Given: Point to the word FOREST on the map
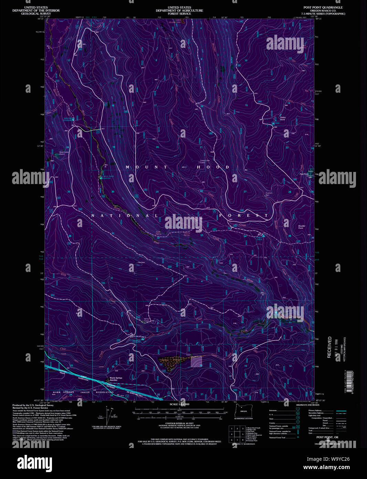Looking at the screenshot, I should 244,216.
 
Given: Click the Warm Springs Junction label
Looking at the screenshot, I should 116,379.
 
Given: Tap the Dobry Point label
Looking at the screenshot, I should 283,118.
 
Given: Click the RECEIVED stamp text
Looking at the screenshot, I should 329,347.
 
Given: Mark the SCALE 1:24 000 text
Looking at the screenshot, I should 179,404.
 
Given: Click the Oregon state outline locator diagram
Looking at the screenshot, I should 243,410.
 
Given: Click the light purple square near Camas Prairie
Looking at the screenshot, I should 196,361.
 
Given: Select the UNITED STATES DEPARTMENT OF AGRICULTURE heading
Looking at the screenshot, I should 179,10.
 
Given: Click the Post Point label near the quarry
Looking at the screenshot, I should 304,174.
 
